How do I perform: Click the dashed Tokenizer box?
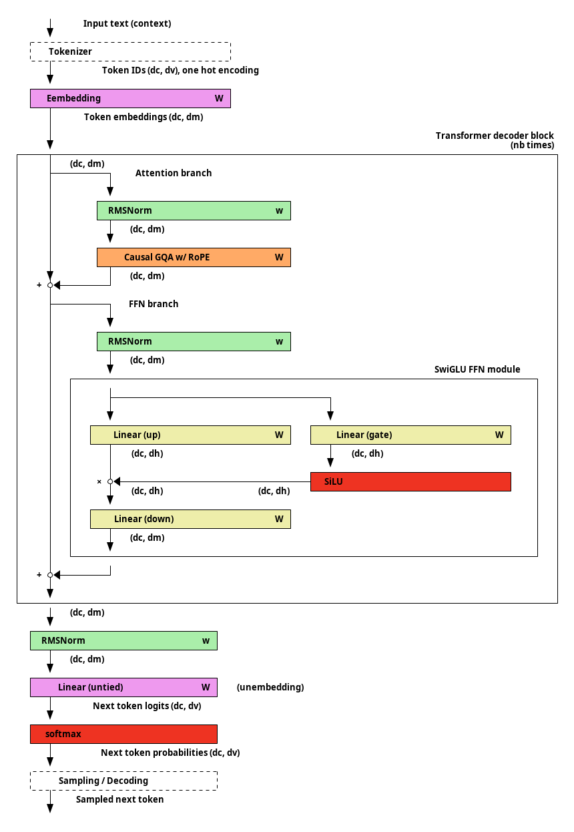coord(130,51)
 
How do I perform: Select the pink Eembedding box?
coord(130,98)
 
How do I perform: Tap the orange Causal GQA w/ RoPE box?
coord(194,257)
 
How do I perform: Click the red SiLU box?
coord(410,481)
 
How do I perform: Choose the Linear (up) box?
coord(190,435)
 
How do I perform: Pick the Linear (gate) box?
coord(410,435)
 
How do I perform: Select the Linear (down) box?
coord(190,519)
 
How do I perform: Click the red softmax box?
coord(123,735)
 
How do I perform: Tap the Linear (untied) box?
coord(123,688)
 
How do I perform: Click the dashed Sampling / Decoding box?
coord(123,781)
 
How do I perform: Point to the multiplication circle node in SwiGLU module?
coord(110,481)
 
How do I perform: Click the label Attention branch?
coord(174,173)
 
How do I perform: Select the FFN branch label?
coord(154,304)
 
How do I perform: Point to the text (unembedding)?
coord(270,688)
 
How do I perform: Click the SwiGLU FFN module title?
coord(477,369)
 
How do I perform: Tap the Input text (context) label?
coord(127,24)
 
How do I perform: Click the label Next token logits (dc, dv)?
coord(147,706)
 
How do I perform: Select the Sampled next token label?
coord(119,800)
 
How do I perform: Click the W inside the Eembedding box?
coord(219,98)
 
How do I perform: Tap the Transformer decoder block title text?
coord(495,140)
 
